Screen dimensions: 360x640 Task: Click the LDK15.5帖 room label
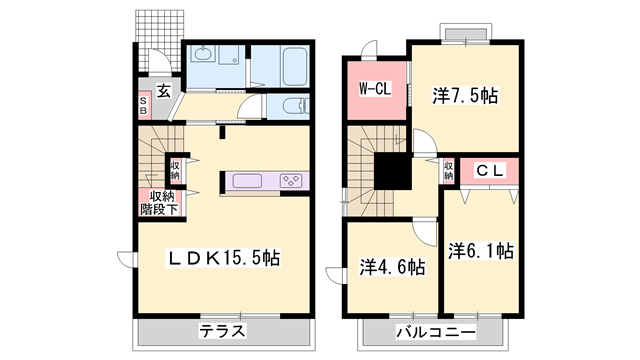point(222,258)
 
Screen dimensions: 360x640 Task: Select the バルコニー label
point(434,331)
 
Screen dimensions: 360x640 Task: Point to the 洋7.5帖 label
point(466,97)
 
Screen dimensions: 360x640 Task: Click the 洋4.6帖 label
point(392,267)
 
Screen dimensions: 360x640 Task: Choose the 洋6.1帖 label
point(481,251)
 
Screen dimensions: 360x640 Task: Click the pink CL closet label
point(488,170)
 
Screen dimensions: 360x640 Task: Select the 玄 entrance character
point(164,91)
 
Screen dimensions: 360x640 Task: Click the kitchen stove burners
point(292,180)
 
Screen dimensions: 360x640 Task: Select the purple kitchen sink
point(246,181)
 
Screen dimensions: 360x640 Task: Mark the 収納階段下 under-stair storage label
point(159,203)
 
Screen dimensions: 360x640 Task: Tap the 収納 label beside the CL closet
point(448,170)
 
